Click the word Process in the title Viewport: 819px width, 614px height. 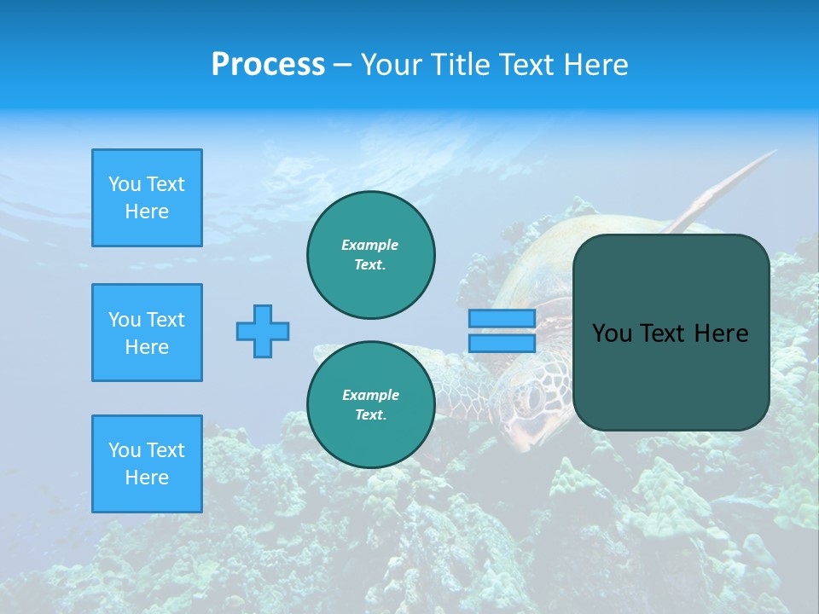pos(268,65)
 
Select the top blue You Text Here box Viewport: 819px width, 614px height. pos(147,198)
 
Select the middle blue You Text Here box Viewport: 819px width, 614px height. pos(147,333)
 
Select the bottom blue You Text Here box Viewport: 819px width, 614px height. pos(147,464)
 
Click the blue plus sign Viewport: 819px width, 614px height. pos(263,331)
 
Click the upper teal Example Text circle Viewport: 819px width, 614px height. pos(370,255)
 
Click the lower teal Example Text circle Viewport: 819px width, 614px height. pos(370,405)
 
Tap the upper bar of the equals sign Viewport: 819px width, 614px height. pos(502,318)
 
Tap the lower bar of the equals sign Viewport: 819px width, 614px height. pos(502,343)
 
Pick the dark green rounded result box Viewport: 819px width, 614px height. pos(671,375)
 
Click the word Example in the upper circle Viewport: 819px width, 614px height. pos(370,245)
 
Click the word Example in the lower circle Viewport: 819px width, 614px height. pos(370,395)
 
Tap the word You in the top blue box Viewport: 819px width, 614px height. pos(124,184)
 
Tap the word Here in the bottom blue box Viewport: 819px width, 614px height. pos(147,478)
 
